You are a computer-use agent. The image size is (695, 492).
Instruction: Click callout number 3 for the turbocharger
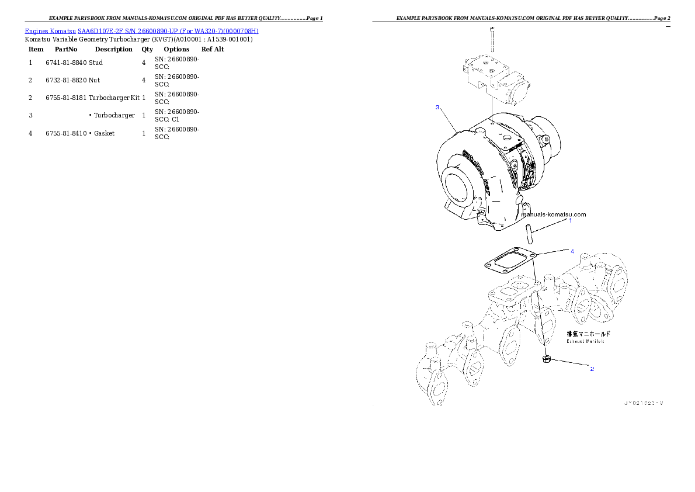click(x=437, y=108)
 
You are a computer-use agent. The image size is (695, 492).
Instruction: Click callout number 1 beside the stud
click(x=571, y=220)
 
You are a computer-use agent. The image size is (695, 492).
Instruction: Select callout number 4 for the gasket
click(x=572, y=251)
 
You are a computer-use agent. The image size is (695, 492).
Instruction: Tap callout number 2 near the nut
click(x=592, y=369)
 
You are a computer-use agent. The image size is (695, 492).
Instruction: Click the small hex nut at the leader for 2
click(x=546, y=359)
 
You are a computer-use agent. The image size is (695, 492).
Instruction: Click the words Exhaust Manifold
click(x=585, y=341)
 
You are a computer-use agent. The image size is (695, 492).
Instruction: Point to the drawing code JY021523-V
click(x=645, y=403)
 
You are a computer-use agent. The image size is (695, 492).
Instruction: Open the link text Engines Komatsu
click(x=50, y=30)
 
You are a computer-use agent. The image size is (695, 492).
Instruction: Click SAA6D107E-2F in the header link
click(x=100, y=30)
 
